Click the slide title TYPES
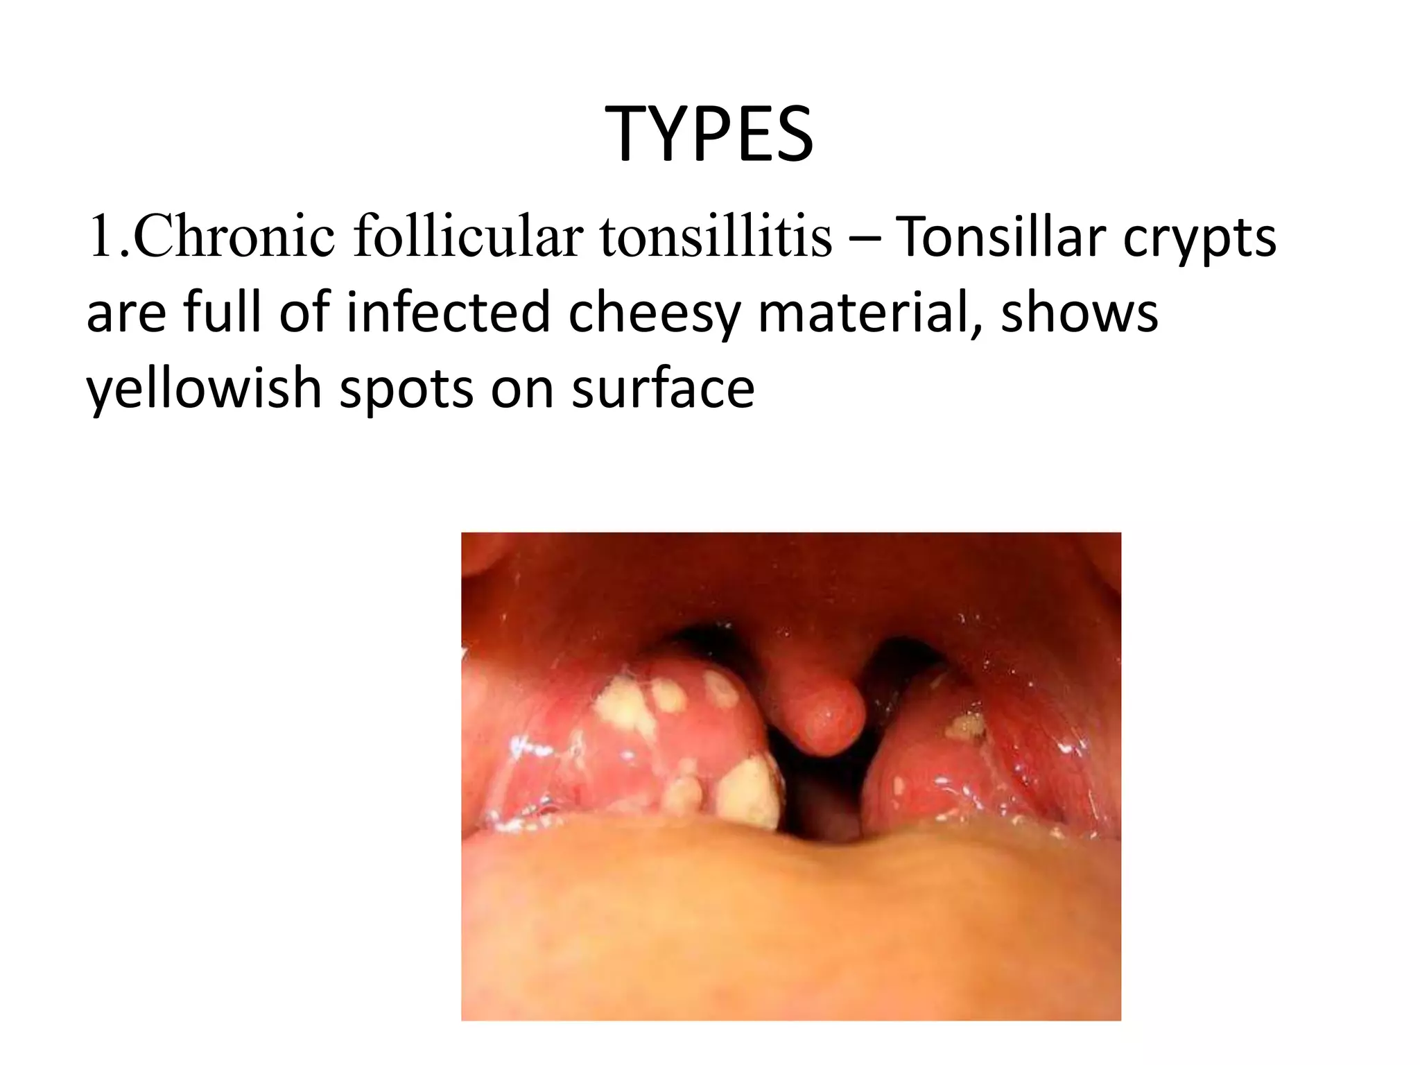coord(710,135)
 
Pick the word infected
coord(449,312)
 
